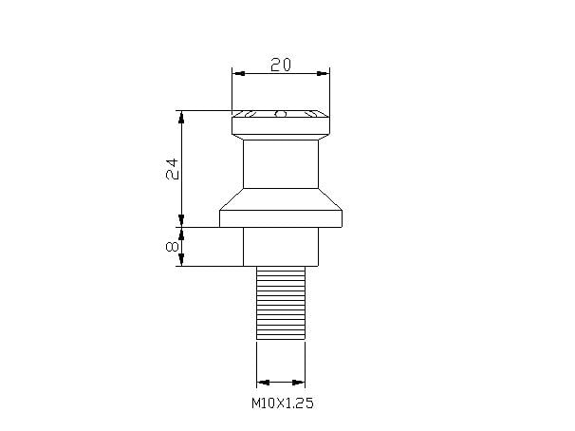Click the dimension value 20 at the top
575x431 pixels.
[x=280, y=64]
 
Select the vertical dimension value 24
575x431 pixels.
[x=172, y=169]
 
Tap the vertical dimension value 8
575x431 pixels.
[x=172, y=246]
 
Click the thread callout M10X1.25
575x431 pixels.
[x=282, y=403]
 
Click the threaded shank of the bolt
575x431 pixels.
[x=281, y=302]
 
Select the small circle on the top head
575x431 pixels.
[x=280, y=115]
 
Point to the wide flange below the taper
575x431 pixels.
[x=280, y=219]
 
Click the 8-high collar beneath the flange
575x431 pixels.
[x=280, y=247]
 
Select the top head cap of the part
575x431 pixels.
[x=280, y=124]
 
